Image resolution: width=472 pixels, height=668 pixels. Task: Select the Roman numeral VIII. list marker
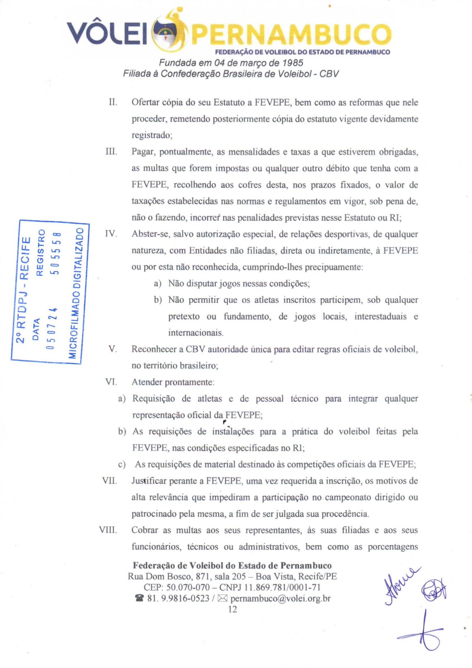[108, 530]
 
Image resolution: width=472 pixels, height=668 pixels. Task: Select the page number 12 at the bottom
[232, 609]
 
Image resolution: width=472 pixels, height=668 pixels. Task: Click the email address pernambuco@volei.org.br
[280, 598]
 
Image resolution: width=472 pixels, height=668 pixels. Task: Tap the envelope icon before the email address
[222, 598]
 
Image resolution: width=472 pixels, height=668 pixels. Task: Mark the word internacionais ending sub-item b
[196, 333]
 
